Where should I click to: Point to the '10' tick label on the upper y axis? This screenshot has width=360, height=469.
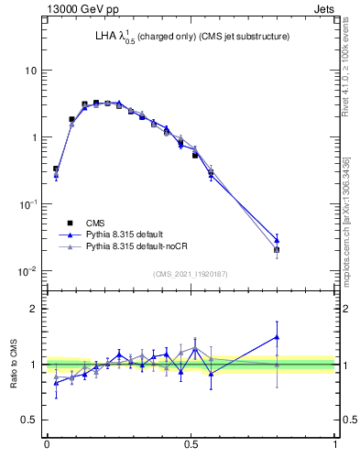(x=30, y=71)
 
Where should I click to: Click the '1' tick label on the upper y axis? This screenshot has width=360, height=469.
(x=34, y=137)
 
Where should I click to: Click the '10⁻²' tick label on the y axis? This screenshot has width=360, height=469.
(x=28, y=270)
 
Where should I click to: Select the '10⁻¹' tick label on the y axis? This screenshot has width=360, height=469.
(x=28, y=203)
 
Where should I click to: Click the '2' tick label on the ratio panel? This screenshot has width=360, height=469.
(x=34, y=309)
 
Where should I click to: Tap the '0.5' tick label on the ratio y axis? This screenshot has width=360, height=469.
(x=29, y=420)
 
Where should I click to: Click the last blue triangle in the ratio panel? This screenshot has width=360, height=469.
(x=278, y=336)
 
